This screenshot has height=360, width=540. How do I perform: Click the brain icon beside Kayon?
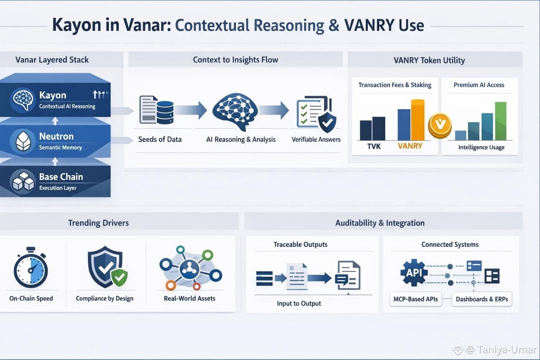click(22, 100)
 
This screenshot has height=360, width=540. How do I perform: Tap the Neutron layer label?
click(56, 136)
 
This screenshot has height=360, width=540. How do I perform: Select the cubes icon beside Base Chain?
click(23, 181)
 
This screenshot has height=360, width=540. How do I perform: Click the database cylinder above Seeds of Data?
click(165, 112)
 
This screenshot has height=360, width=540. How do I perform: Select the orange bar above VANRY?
click(418, 120)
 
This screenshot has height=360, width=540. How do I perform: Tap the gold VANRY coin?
click(440, 125)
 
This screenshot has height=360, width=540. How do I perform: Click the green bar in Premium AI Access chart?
click(500, 121)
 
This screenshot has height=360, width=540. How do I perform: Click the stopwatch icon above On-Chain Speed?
click(30, 268)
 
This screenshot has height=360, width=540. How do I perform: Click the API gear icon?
click(413, 272)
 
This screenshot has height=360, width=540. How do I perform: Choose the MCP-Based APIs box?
click(416, 299)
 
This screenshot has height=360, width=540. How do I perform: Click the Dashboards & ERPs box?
click(481, 299)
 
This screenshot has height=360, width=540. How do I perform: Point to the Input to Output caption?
click(299, 303)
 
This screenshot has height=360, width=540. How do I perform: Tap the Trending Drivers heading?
click(98, 223)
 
